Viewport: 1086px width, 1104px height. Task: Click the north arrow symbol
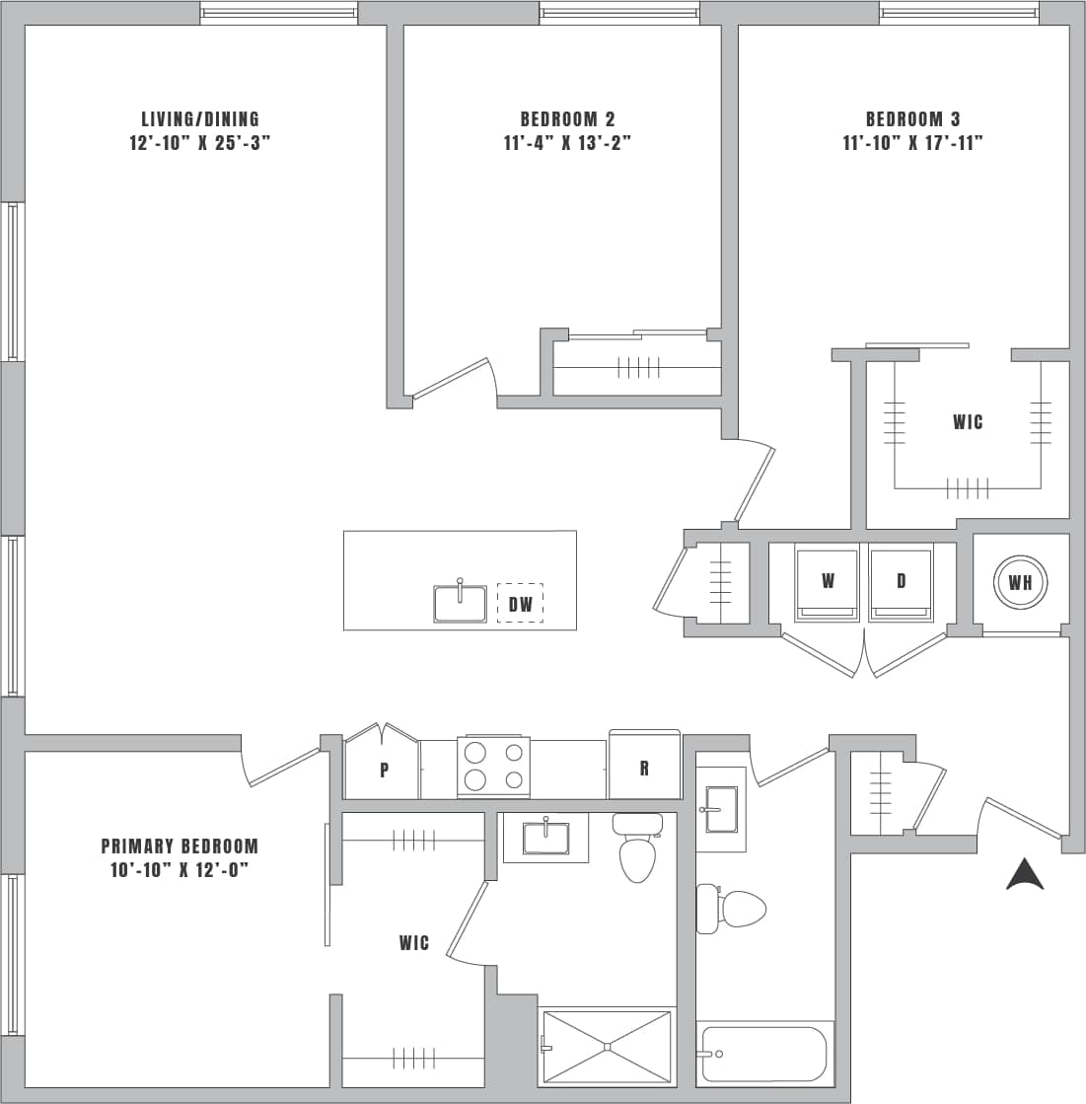(1025, 874)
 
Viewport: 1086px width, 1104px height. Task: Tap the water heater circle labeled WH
(1020, 582)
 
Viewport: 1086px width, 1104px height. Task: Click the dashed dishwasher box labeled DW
(520, 604)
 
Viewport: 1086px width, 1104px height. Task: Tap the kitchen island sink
(460, 603)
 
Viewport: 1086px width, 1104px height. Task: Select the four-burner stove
(493, 767)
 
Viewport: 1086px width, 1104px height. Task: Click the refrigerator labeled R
(644, 767)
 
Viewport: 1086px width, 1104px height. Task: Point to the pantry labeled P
(384, 770)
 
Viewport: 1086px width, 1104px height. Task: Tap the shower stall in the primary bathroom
(608, 1046)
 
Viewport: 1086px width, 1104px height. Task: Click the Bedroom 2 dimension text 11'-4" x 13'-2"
(566, 143)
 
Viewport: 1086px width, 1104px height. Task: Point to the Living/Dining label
(200, 119)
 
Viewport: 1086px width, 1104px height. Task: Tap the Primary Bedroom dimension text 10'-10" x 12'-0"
(180, 870)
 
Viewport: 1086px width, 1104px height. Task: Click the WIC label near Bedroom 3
(968, 422)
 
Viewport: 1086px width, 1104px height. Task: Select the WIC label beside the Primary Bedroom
(414, 943)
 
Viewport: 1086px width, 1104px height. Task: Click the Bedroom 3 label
(912, 119)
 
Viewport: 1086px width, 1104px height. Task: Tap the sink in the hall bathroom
(720, 810)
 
